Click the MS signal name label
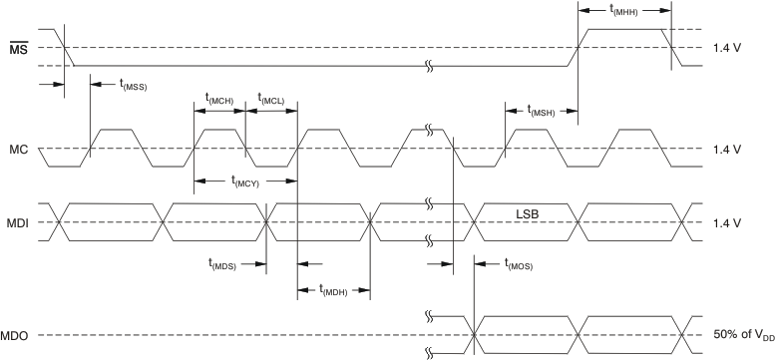tap(18, 48)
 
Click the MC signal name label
tap(18, 149)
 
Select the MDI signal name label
tap(18, 220)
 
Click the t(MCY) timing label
tap(246, 180)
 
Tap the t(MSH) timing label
tap(540, 111)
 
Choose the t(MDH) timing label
tap(334, 290)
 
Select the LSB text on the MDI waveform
tap(529, 212)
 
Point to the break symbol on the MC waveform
tap(429, 130)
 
